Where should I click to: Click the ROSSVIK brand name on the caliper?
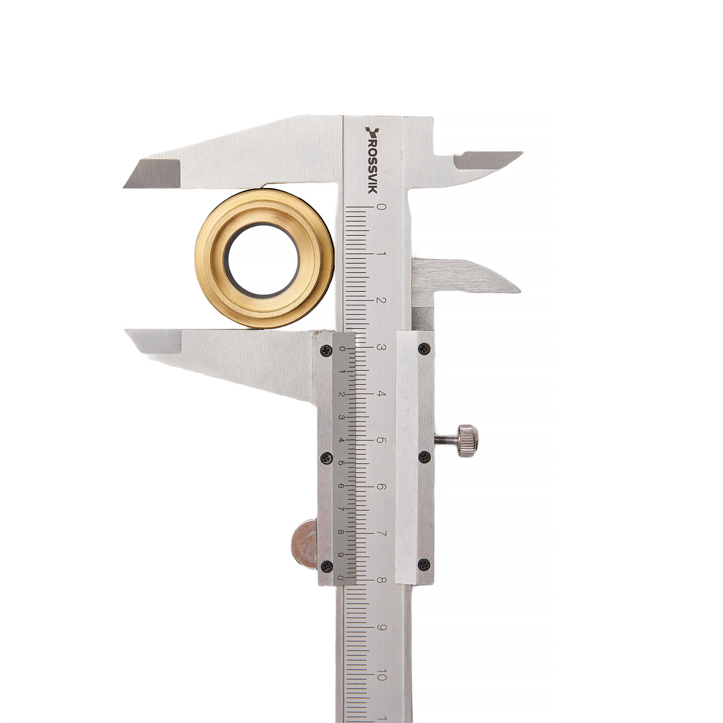[372, 161]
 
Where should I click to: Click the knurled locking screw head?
[469, 440]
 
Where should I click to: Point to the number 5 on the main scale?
[381, 441]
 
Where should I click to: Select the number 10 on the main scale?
[381, 675]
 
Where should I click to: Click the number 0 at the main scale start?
[381, 207]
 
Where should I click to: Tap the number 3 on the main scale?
[381, 348]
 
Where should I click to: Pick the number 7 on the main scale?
[381, 534]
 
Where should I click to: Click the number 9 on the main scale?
[381, 628]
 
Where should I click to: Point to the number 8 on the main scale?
[381, 581]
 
